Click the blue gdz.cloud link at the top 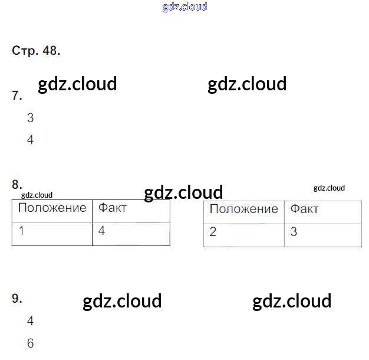[x=185, y=7]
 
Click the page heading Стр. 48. [x=36, y=51]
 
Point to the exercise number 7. [x=17, y=96]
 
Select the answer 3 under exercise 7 [x=31, y=118]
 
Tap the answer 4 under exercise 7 [x=31, y=140]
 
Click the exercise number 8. [x=17, y=184]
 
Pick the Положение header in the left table [x=52, y=208]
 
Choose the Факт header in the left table [x=113, y=208]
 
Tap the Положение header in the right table [x=243, y=210]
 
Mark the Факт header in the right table [x=305, y=210]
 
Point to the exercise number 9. [x=17, y=299]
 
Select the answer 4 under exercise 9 [x=31, y=321]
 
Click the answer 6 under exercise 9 [x=31, y=343]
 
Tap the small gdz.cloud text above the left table [x=37, y=195]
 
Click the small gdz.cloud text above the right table [x=329, y=188]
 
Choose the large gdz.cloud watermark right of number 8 [x=183, y=192]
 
